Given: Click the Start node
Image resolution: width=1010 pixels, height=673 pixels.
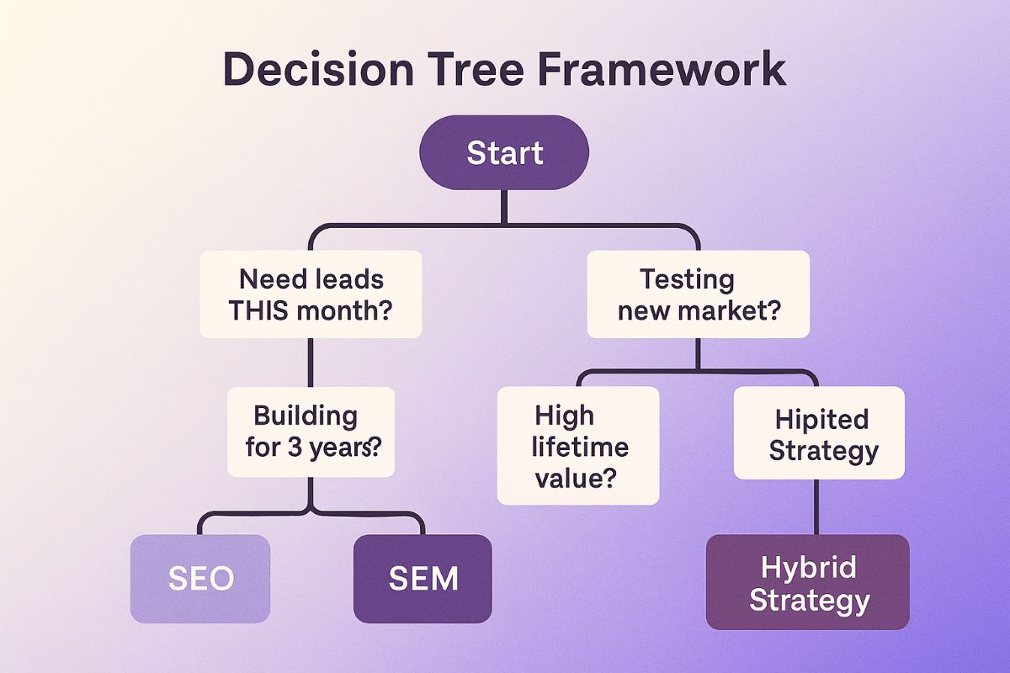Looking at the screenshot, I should click(504, 152).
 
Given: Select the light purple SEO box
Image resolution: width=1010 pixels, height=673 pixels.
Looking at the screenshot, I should click(200, 578).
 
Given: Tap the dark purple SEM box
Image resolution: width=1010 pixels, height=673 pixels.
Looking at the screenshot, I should click(423, 578).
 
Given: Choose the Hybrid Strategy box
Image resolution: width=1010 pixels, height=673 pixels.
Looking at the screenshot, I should click(808, 583).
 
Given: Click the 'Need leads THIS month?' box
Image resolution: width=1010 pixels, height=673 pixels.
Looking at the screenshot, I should click(311, 294).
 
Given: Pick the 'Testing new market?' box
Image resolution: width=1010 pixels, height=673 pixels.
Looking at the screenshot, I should click(698, 294).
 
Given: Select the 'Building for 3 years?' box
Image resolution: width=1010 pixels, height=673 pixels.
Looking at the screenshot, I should click(311, 431).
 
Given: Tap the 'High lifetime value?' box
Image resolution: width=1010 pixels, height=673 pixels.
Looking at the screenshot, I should click(578, 446).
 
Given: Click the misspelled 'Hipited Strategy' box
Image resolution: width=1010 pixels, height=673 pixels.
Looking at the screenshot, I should click(819, 433).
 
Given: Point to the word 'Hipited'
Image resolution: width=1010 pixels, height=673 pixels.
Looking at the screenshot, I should click(821, 418).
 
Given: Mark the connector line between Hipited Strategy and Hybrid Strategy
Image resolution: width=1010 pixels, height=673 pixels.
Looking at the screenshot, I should click(816, 506).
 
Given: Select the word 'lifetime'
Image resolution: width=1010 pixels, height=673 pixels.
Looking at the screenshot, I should click(579, 446).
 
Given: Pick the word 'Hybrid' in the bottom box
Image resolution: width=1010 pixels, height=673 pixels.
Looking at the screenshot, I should click(809, 567).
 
